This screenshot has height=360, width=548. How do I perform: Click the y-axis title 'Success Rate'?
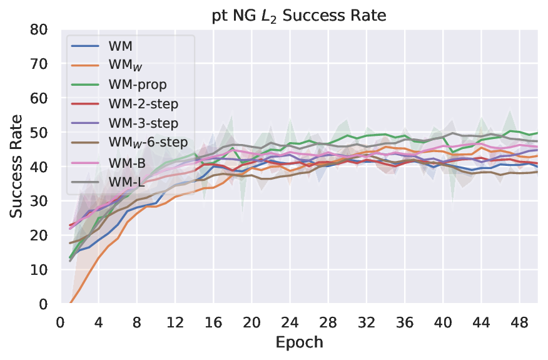17,166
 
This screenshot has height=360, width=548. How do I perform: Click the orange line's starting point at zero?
70,303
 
